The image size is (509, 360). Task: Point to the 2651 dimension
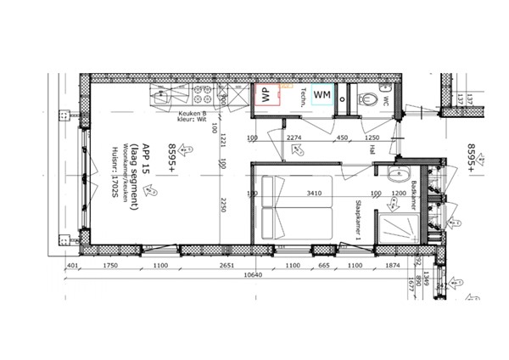point(226,265)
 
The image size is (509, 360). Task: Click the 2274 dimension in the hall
point(294,138)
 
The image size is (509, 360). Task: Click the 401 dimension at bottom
point(72,265)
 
